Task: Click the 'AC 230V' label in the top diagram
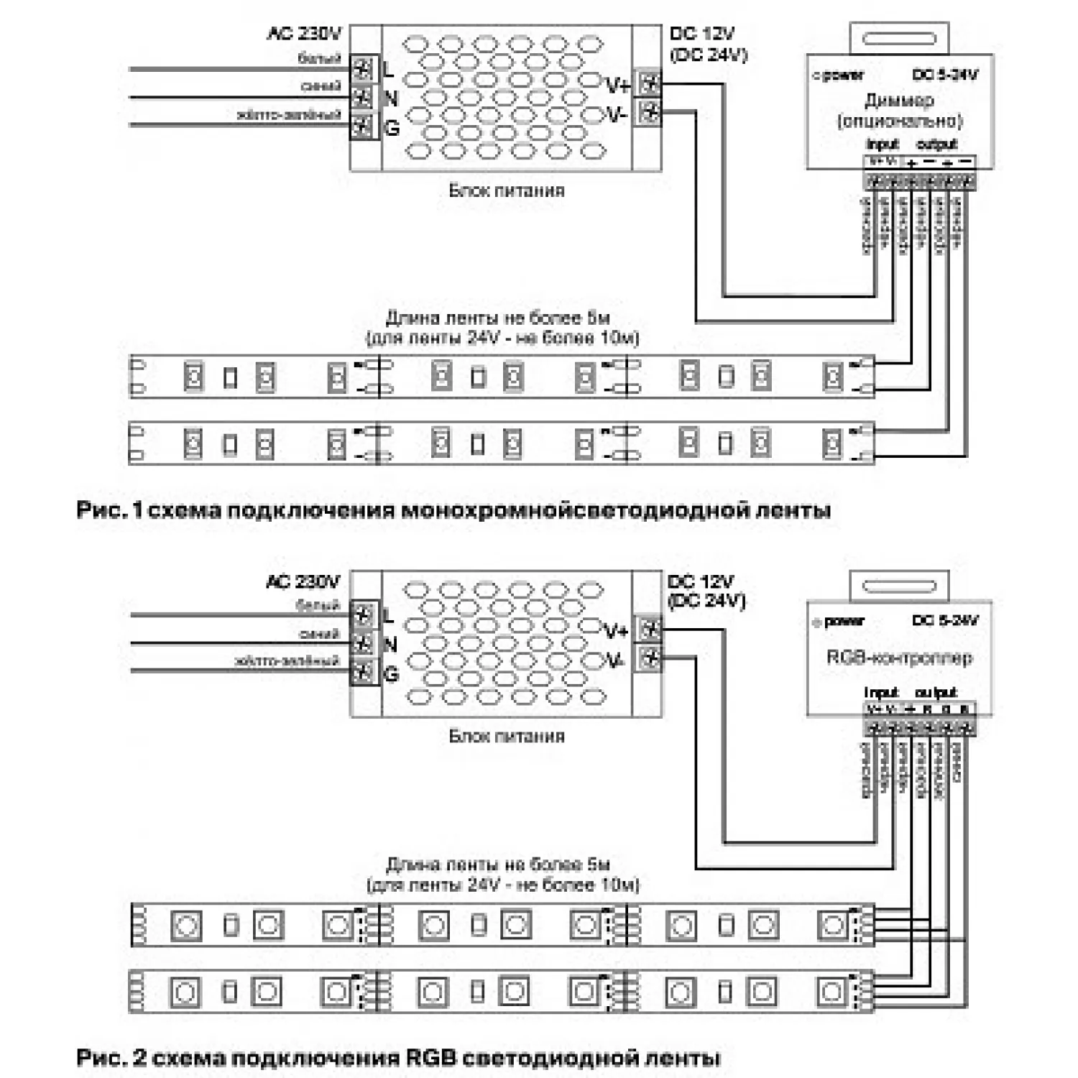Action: pos(304,33)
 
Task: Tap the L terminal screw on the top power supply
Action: pos(364,70)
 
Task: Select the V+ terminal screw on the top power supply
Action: pos(650,83)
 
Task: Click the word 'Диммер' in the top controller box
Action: pos(899,100)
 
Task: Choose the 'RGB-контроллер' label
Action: pos(899,657)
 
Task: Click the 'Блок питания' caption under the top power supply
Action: pos(507,190)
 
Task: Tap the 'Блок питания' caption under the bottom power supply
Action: pos(507,736)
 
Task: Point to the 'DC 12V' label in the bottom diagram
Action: pos(700,581)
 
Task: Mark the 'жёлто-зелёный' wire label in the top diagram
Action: pos(288,115)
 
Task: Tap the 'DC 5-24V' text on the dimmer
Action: pos(944,75)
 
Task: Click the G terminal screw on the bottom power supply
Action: pos(364,673)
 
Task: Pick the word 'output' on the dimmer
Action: pos(936,144)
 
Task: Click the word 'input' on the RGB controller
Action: pos(881,693)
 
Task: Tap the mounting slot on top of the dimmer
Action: pos(899,38)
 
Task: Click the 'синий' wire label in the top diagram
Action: pos(321,86)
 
